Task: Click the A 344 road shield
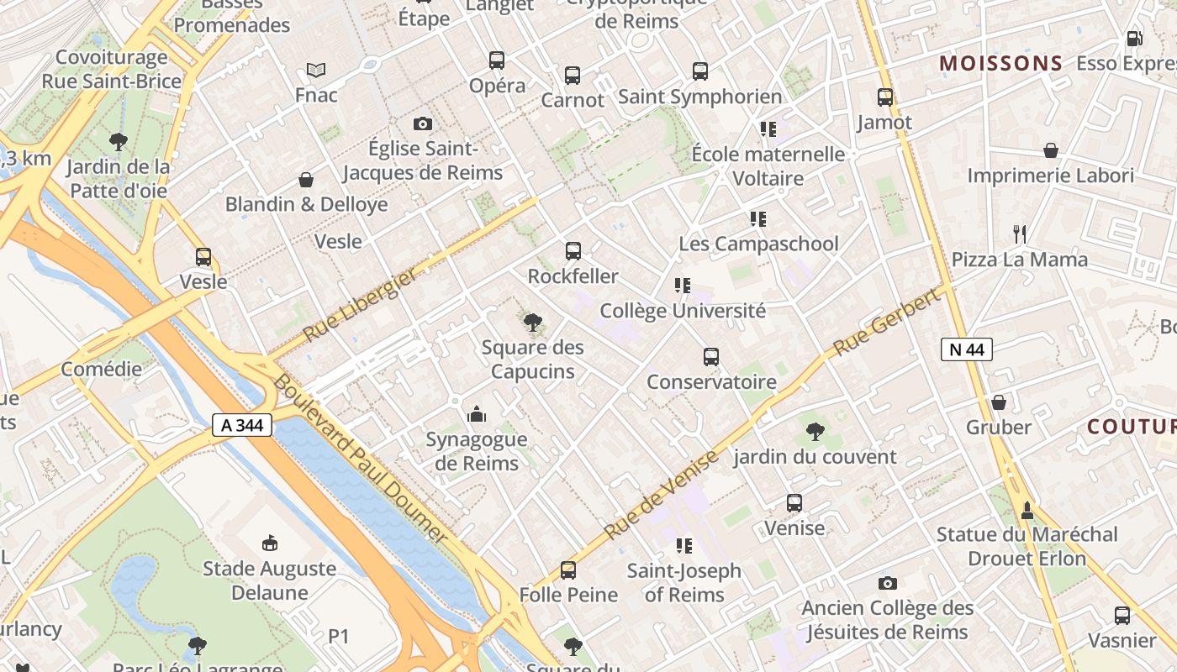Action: pyautogui.click(x=242, y=425)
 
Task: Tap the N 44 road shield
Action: pyautogui.click(x=966, y=349)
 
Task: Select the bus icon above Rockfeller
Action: pyautogui.click(x=573, y=251)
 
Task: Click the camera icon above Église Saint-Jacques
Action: pyautogui.click(x=423, y=124)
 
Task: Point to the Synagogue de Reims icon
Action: pyautogui.click(x=477, y=414)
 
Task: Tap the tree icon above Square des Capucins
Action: pyautogui.click(x=532, y=322)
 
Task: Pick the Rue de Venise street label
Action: pyautogui.click(x=662, y=494)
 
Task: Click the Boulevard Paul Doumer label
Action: pyautogui.click(x=362, y=458)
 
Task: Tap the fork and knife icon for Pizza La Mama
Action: pyautogui.click(x=1019, y=234)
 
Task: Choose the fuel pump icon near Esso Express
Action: pyautogui.click(x=1134, y=39)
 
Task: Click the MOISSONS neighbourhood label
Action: pyautogui.click(x=1000, y=64)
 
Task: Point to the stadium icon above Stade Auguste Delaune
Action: pyautogui.click(x=270, y=543)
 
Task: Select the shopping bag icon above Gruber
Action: pyautogui.click(x=999, y=402)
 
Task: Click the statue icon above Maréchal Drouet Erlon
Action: pyautogui.click(x=1027, y=509)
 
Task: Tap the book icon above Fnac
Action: pyautogui.click(x=316, y=70)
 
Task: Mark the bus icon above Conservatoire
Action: pyautogui.click(x=711, y=357)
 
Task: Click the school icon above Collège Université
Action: pyautogui.click(x=682, y=286)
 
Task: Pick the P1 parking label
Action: pyautogui.click(x=338, y=637)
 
